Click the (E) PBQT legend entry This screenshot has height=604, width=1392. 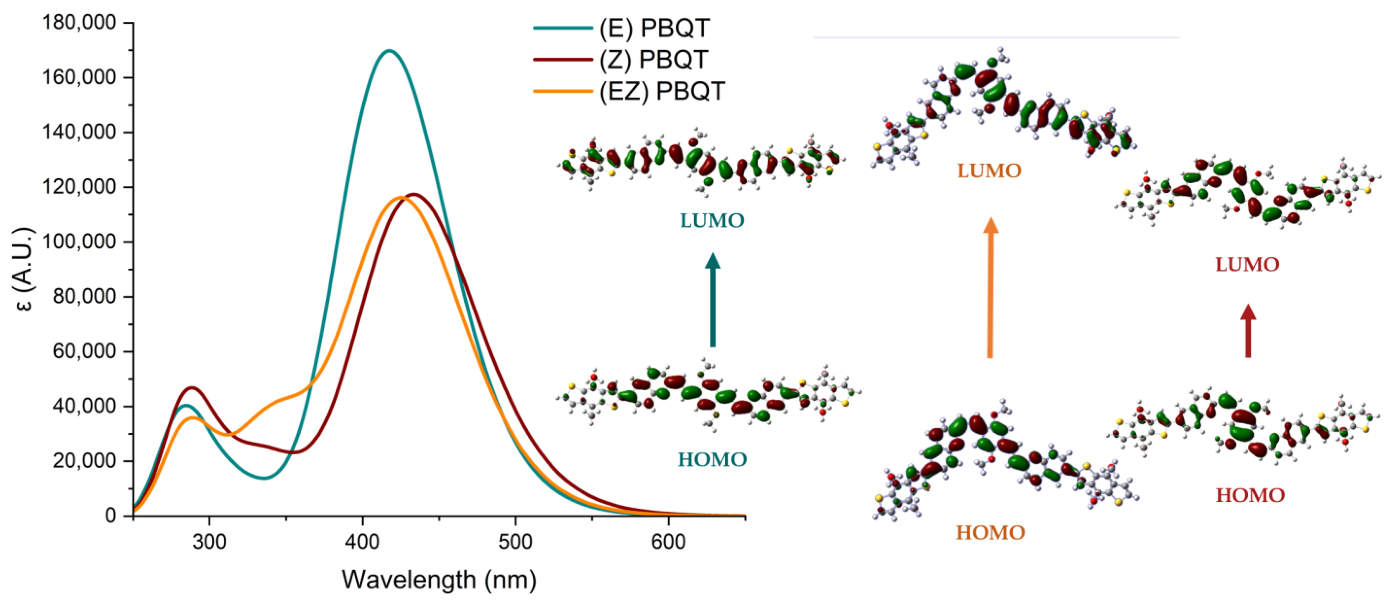[x=621, y=28]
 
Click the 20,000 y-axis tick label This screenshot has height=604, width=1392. [x=84, y=461]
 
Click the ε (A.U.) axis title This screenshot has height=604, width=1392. [x=23, y=269]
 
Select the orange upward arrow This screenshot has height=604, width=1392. [x=990, y=287]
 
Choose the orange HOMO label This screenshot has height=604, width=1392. [x=990, y=533]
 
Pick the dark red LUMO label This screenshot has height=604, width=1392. [x=1247, y=265]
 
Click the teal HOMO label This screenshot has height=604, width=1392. [x=712, y=460]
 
